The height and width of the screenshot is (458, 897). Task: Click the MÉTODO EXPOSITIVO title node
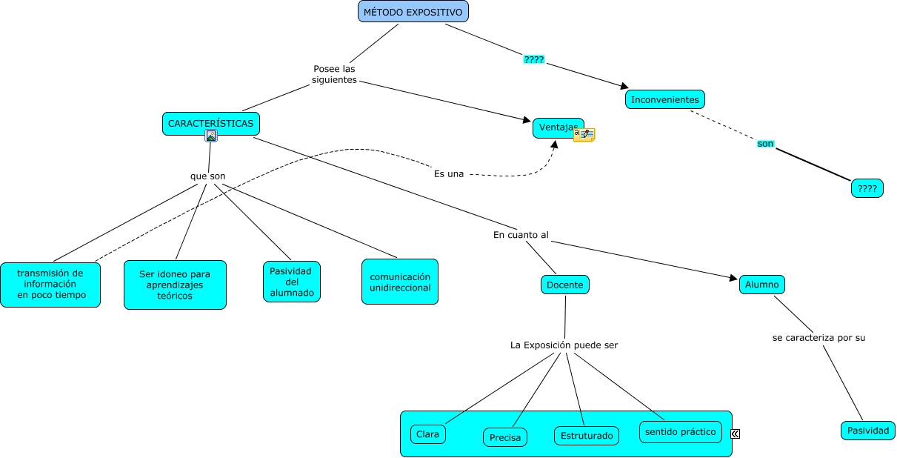point(413,12)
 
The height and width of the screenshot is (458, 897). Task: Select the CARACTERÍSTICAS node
point(210,123)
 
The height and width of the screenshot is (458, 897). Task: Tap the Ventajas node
point(556,127)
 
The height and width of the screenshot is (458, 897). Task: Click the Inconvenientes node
point(664,99)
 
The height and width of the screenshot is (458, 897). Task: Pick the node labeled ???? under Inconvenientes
point(867,189)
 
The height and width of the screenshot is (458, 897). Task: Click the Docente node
point(564,285)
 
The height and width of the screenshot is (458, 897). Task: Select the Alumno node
point(761,285)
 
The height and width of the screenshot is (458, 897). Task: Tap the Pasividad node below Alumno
point(867,431)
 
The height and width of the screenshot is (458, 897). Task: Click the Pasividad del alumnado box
point(292,282)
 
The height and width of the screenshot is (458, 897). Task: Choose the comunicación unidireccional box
point(400,282)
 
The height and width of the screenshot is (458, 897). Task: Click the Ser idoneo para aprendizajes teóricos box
point(175,285)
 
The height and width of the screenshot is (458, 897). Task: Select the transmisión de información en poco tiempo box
point(50,284)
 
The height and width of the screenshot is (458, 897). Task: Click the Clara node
point(428,434)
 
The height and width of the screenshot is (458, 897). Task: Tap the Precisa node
point(505,438)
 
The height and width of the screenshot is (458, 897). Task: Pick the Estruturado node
point(587,436)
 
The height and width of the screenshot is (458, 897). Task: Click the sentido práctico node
point(680,432)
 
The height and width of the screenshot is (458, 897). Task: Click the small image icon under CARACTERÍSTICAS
point(211,136)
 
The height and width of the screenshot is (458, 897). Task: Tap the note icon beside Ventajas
point(584,134)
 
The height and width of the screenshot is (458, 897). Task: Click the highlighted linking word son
point(765,143)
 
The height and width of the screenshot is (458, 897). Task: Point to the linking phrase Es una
point(449,174)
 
